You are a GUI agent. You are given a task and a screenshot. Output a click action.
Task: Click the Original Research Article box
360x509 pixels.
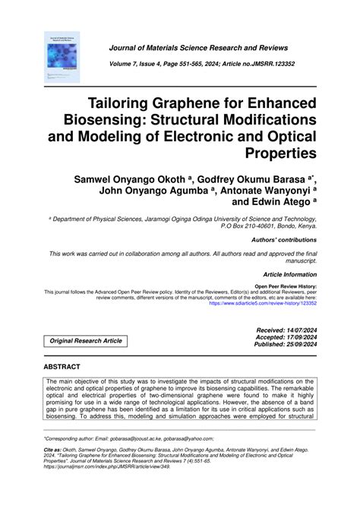click(85, 341)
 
